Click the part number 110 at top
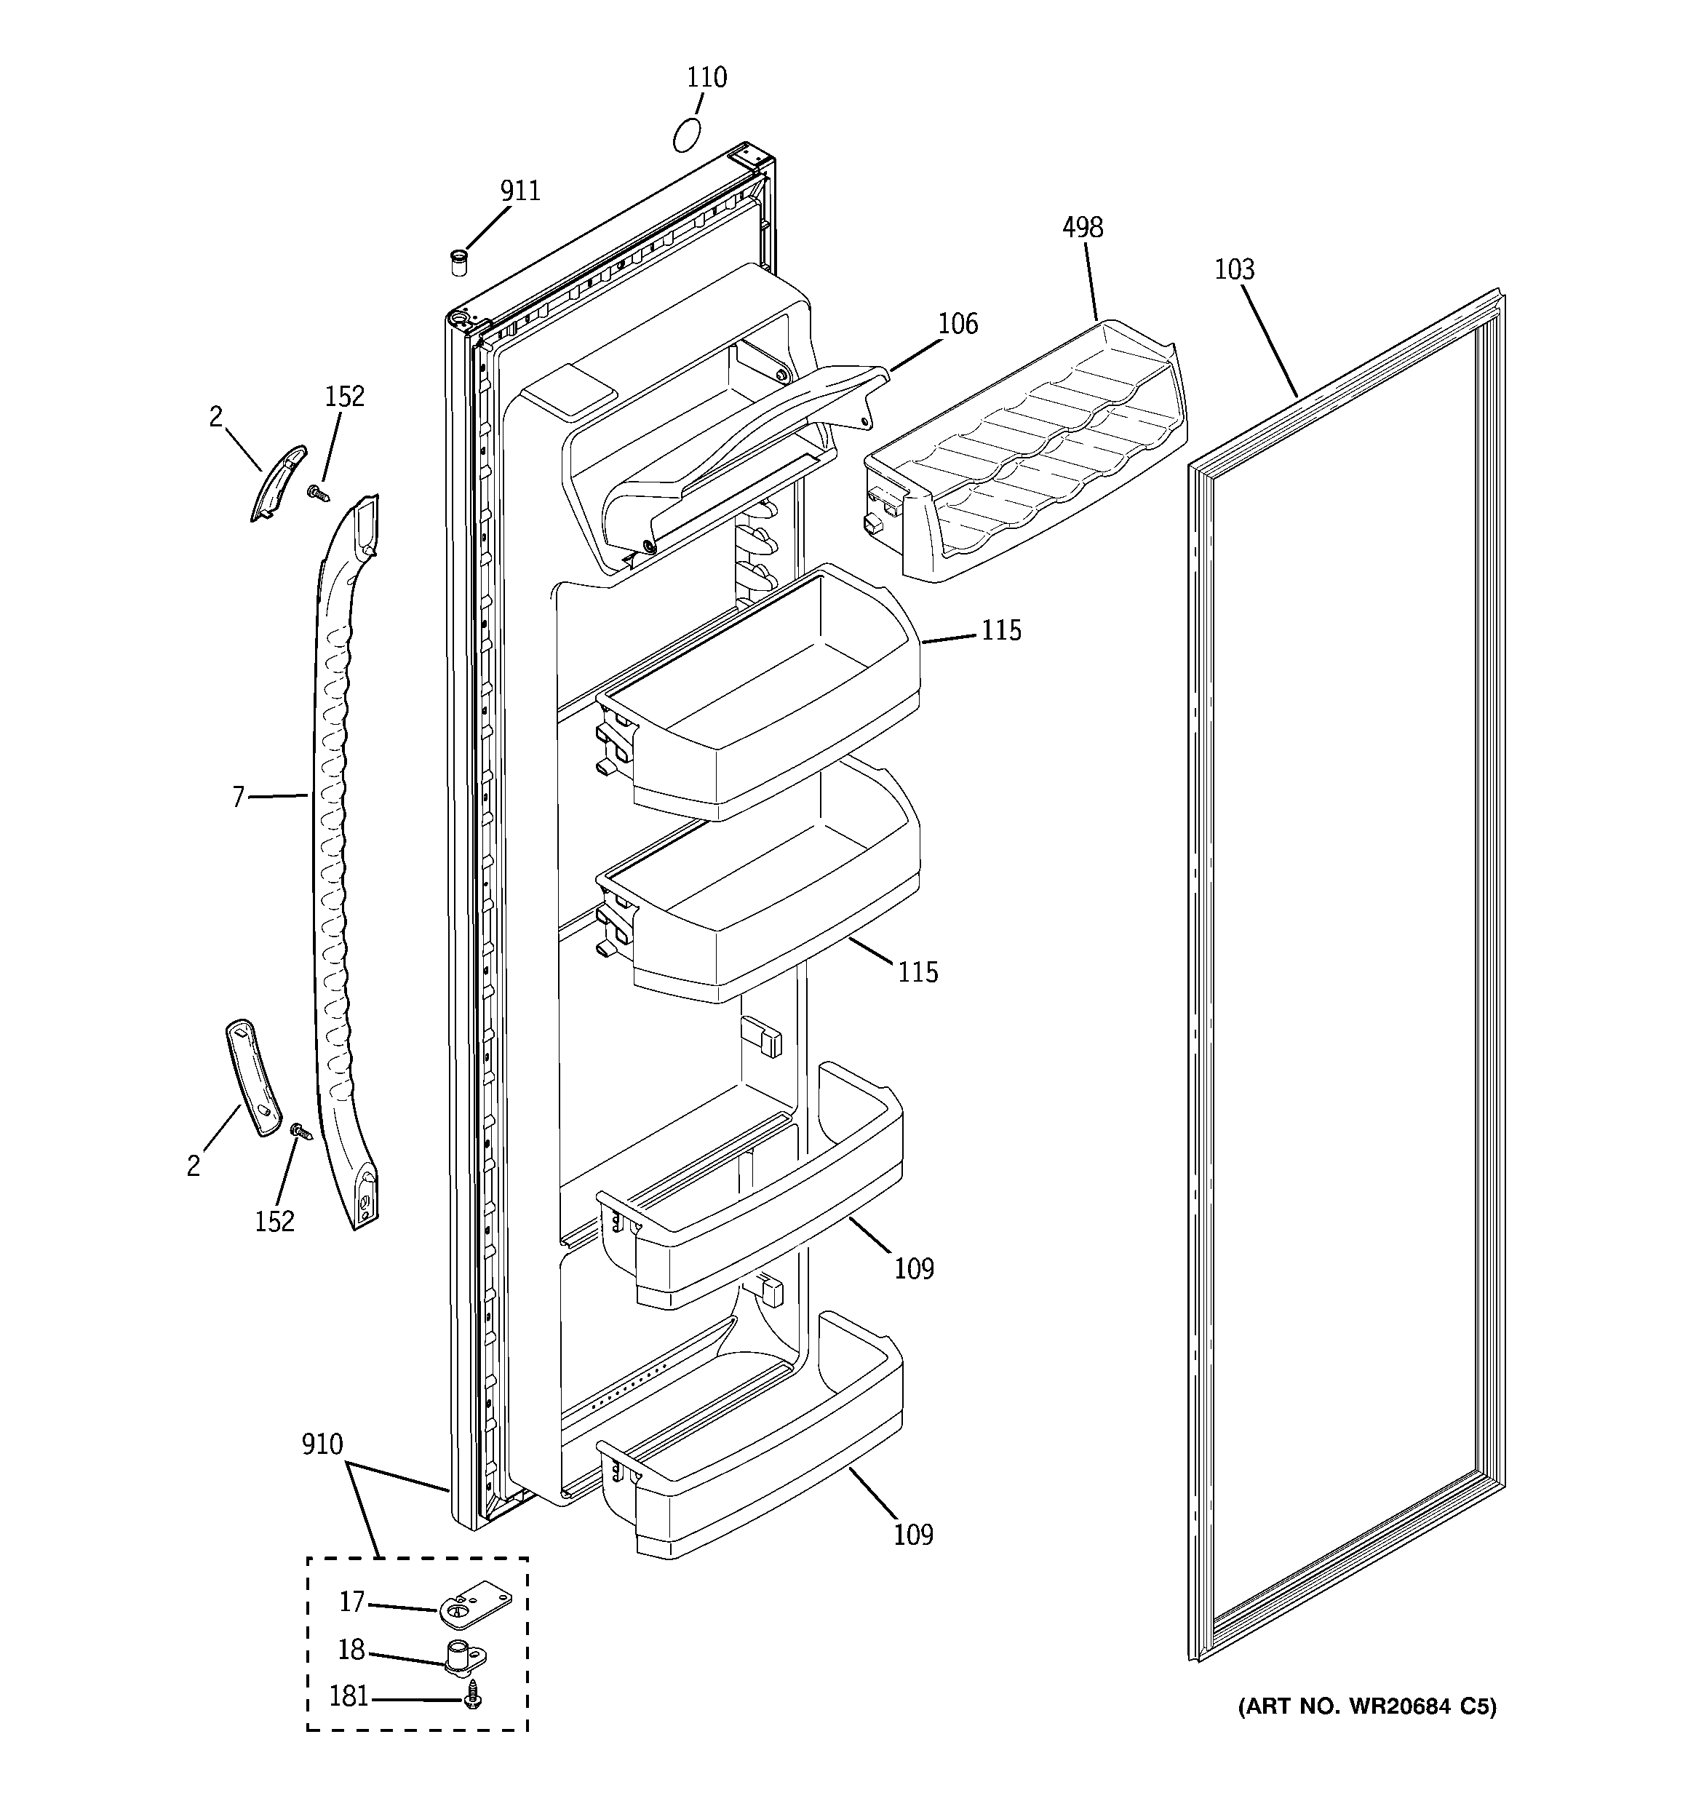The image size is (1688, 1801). point(706,78)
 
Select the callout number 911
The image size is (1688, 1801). point(520,191)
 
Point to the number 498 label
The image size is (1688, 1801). point(1083,227)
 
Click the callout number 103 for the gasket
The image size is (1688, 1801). point(1234,270)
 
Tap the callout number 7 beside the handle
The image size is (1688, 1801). point(239,798)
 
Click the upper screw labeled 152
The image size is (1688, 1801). point(317,493)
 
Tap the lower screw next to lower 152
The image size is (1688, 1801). point(299,1131)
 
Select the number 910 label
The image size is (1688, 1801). point(322,1444)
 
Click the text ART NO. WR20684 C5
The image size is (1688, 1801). point(1367,1707)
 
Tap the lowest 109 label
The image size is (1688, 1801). point(912,1535)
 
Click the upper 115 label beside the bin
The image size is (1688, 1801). point(1001,630)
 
